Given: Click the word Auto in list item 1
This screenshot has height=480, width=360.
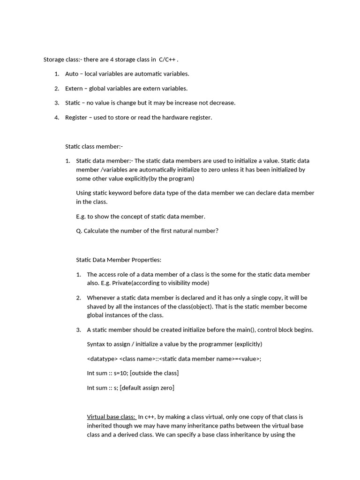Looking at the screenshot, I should [72, 74].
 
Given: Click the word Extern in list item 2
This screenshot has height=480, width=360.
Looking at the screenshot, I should [74, 89].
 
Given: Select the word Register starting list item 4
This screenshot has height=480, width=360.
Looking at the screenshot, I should [76, 118].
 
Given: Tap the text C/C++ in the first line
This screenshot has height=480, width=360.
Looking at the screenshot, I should [167, 60].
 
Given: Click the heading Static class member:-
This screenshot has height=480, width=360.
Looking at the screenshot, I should [94, 147].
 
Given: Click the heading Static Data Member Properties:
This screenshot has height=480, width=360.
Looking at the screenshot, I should [119, 260].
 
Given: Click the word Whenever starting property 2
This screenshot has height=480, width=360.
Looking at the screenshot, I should [100, 298].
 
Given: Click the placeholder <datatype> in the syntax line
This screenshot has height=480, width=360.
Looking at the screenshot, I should [102, 359].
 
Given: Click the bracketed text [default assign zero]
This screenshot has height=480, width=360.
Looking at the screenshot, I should [147, 388].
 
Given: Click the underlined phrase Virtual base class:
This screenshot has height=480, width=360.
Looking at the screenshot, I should [111, 417].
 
